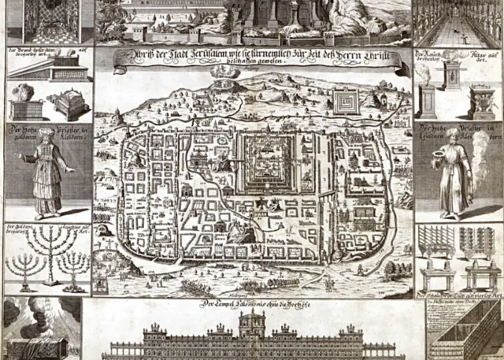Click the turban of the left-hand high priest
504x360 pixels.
[x=46, y=133]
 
